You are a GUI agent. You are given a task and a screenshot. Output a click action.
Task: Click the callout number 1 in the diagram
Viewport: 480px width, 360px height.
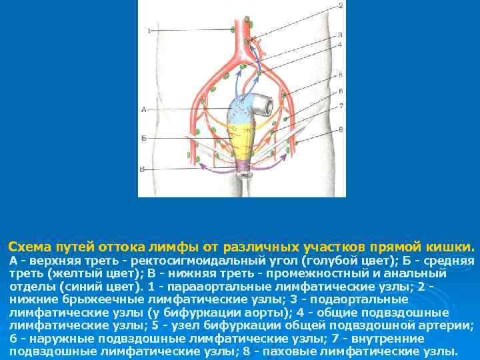click(149, 31)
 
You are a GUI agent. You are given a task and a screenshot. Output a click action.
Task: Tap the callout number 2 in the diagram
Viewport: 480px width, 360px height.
click(340, 6)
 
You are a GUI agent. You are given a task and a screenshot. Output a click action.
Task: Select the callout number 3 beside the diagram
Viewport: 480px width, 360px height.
click(340, 34)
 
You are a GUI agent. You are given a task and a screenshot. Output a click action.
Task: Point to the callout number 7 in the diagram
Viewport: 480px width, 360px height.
click(340, 105)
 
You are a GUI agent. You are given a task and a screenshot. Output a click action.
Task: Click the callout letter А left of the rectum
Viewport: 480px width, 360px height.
click(144, 109)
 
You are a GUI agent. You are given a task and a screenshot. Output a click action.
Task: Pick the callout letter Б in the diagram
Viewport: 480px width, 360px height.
click(144, 137)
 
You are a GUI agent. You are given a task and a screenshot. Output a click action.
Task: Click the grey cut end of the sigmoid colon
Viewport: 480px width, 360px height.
click(264, 104)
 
